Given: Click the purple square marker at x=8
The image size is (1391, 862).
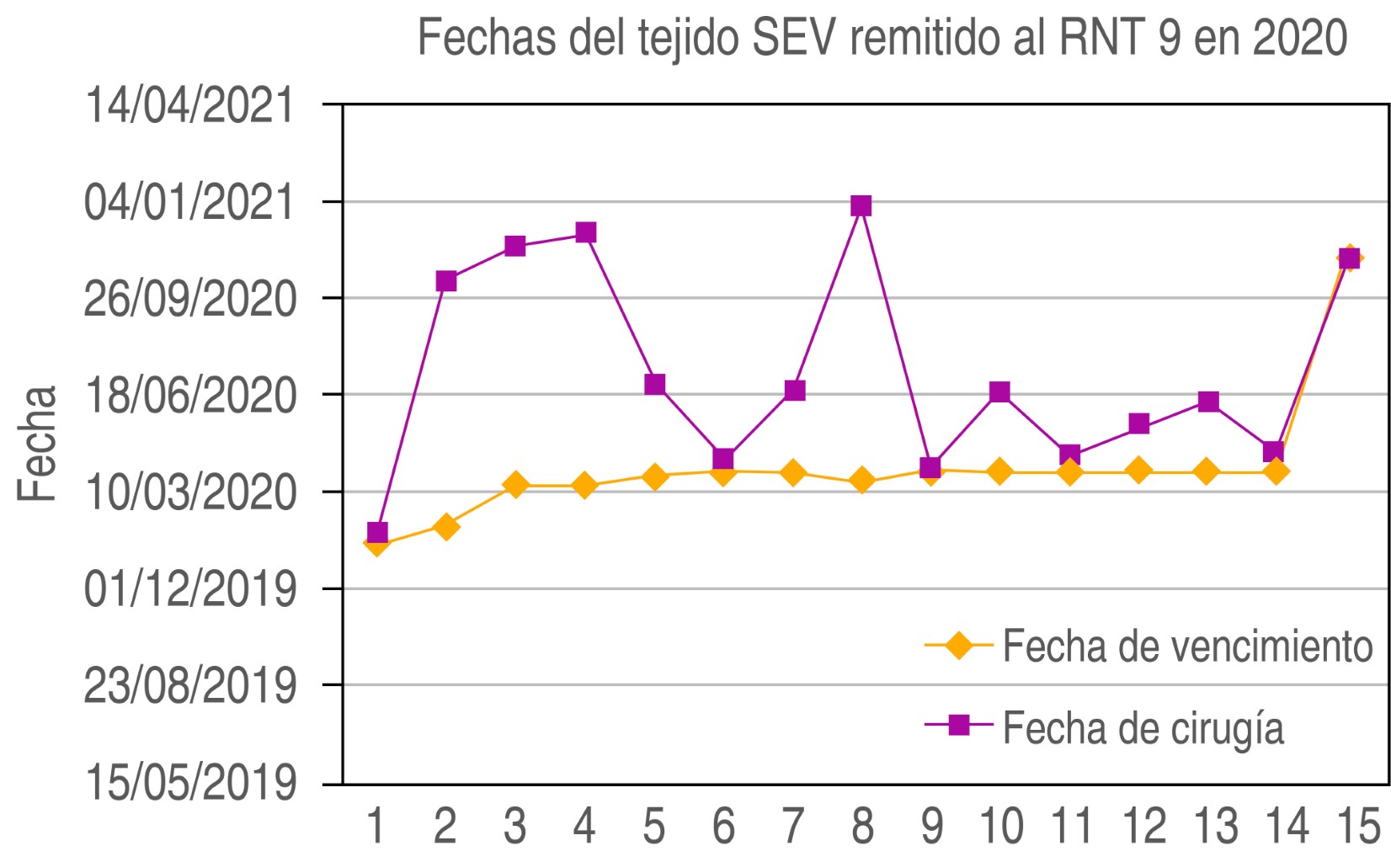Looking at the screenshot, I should click(x=861, y=206).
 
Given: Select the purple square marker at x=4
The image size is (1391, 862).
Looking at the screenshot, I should click(x=585, y=232).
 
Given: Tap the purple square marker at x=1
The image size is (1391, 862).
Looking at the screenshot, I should click(x=377, y=532).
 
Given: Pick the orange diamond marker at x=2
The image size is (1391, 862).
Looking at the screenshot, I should click(x=445, y=527).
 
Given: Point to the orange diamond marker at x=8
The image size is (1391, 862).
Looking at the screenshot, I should click(x=861, y=482).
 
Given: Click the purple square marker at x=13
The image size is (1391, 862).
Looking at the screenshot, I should click(x=1208, y=402).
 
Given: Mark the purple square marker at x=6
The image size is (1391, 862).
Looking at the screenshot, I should click(x=722, y=459).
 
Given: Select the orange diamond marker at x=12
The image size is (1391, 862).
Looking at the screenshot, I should click(x=1138, y=471).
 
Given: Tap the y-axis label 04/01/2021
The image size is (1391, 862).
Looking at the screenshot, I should click(x=189, y=202).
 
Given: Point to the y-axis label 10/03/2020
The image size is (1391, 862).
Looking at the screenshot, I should click(x=189, y=492).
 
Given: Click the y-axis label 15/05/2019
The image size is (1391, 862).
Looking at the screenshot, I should click(x=189, y=782).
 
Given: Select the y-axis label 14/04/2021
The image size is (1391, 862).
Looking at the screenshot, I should click(x=189, y=105).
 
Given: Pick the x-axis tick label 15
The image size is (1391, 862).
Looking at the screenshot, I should click(x=1357, y=826).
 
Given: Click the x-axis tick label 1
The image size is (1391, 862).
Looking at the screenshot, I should click(x=376, y=826).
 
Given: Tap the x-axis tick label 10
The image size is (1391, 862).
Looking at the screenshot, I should click(x=1000, y=826).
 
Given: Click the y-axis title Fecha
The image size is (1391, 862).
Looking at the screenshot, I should click(x=38, y=444).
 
